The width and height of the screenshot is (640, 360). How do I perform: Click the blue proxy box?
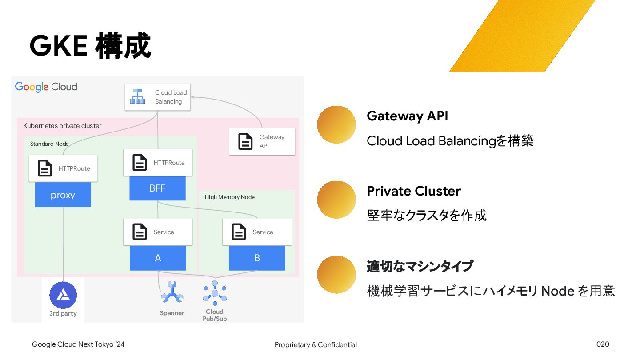(x=63, y=195)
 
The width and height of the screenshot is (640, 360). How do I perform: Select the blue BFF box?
(x=157, y=188)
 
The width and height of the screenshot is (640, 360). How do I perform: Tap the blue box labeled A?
(x=158, y=258)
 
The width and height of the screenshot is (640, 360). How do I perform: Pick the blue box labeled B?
(x=257, y=258)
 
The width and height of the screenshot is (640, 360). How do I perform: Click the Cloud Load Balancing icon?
(x=137, y=96)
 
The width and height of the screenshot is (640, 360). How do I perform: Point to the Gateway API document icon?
(x=245, y=141)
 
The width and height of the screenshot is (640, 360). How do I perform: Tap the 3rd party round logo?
(x=63, y=295)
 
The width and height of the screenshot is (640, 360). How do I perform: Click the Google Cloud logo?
(x=46, y=87)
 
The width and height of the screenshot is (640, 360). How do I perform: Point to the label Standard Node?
(x=49, y=144)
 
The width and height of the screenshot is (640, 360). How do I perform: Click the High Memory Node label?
(x=229, y=197)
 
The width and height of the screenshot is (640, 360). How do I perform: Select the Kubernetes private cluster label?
(x=62, y=126)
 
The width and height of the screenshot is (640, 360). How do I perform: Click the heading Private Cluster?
(x=414, y=191)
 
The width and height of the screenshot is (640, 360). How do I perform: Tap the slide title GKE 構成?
(x=90, y=46)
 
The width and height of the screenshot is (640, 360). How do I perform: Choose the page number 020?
(x=603, y=344)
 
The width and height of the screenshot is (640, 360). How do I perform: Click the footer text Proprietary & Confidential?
(x=316, y=344)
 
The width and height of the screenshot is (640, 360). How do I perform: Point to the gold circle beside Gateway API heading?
(x=336, y=124)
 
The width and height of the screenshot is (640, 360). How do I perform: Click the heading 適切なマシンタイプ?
(x=420, y=266)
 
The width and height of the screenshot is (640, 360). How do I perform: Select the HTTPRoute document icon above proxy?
(x=45, y=168)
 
